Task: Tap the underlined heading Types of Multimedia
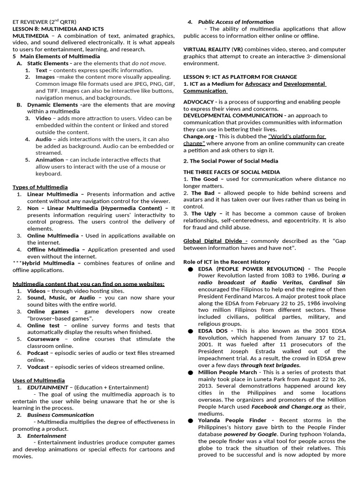(x=40, y=187)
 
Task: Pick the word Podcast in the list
(x=37, y=352)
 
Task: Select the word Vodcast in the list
(x=37, y=367)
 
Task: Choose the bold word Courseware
(x=43, y=338)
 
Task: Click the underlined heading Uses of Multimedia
(x=38, y=380)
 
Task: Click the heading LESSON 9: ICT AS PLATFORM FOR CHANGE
(x=240, y=77)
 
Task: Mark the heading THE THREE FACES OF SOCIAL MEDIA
(x=232, y=172)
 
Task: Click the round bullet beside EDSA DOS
(x=190, y=331)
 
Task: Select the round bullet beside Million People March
(x=190, y=373)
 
